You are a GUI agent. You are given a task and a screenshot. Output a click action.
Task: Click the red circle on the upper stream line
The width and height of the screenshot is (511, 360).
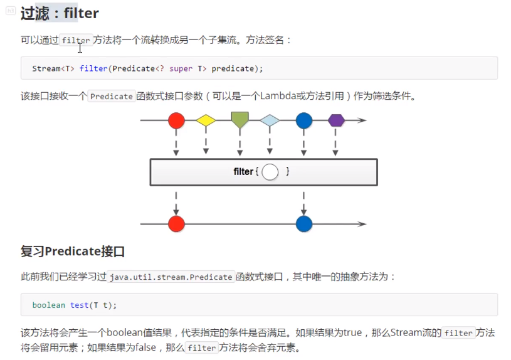pyautogui.click(x=176, y=120)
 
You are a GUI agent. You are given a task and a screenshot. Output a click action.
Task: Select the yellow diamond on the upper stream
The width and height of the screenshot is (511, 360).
pyautogui.click(x=206, y=120)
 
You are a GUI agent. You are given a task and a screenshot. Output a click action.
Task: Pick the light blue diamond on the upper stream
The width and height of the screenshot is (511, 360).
pyautogui.click(x=270, y=120)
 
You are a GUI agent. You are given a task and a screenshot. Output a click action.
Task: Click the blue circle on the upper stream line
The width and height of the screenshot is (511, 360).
pyautogui.click(x=304, y=120)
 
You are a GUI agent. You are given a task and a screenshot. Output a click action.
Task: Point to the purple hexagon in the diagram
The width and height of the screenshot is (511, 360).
pyautogui.click(x=337, y=120)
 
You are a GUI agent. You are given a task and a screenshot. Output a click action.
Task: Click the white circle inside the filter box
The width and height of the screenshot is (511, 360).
pyautogui.click(x=270, y=171)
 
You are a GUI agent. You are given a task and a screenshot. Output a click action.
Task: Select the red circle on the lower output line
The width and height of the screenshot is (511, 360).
pyautogui.click(x=176, y=224)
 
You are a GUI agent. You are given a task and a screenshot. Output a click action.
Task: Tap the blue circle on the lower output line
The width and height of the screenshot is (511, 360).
pyautogui.click(x=304, y=224)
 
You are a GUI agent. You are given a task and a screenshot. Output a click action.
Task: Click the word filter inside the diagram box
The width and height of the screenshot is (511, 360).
pyautogui.click(x=243, y=172)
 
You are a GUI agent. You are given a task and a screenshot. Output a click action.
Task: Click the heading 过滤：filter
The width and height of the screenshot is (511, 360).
pyautogui.click(x=60, y=13)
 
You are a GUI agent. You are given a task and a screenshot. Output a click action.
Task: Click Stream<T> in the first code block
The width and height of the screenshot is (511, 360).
pyautogui.click(x=53, y=68)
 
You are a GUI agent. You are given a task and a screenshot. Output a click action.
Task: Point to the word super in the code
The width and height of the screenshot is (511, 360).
pyautogui.click(x=181, y=68)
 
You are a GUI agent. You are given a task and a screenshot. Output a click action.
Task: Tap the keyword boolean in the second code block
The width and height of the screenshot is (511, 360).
pyautogui.click(x=49, y=305)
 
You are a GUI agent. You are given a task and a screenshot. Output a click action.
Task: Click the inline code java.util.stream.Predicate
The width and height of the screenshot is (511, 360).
pyautogui.click(x=171, y=277)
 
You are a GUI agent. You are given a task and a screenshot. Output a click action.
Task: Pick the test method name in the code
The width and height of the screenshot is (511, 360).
pyautogui.click(x=79, y=305)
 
